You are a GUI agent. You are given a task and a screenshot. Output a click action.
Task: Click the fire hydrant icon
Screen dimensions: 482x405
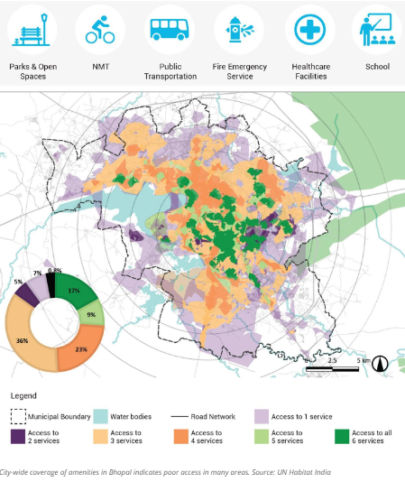click(x=240, y=30)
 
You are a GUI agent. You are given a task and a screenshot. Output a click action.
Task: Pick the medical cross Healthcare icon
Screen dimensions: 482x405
click(x=309, y=30)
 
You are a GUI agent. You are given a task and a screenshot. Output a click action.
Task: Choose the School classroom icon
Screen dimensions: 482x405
click(x=377, y=30)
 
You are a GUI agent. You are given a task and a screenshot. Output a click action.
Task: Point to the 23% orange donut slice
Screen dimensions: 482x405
click(x=82, y=349)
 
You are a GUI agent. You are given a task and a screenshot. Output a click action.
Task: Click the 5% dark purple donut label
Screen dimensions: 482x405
click(x=18, y=282)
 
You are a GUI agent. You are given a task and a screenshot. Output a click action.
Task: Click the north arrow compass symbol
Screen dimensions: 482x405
click(x=380, y=364)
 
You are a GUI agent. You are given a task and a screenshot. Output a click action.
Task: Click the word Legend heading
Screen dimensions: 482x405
click(x=25, y=395)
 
